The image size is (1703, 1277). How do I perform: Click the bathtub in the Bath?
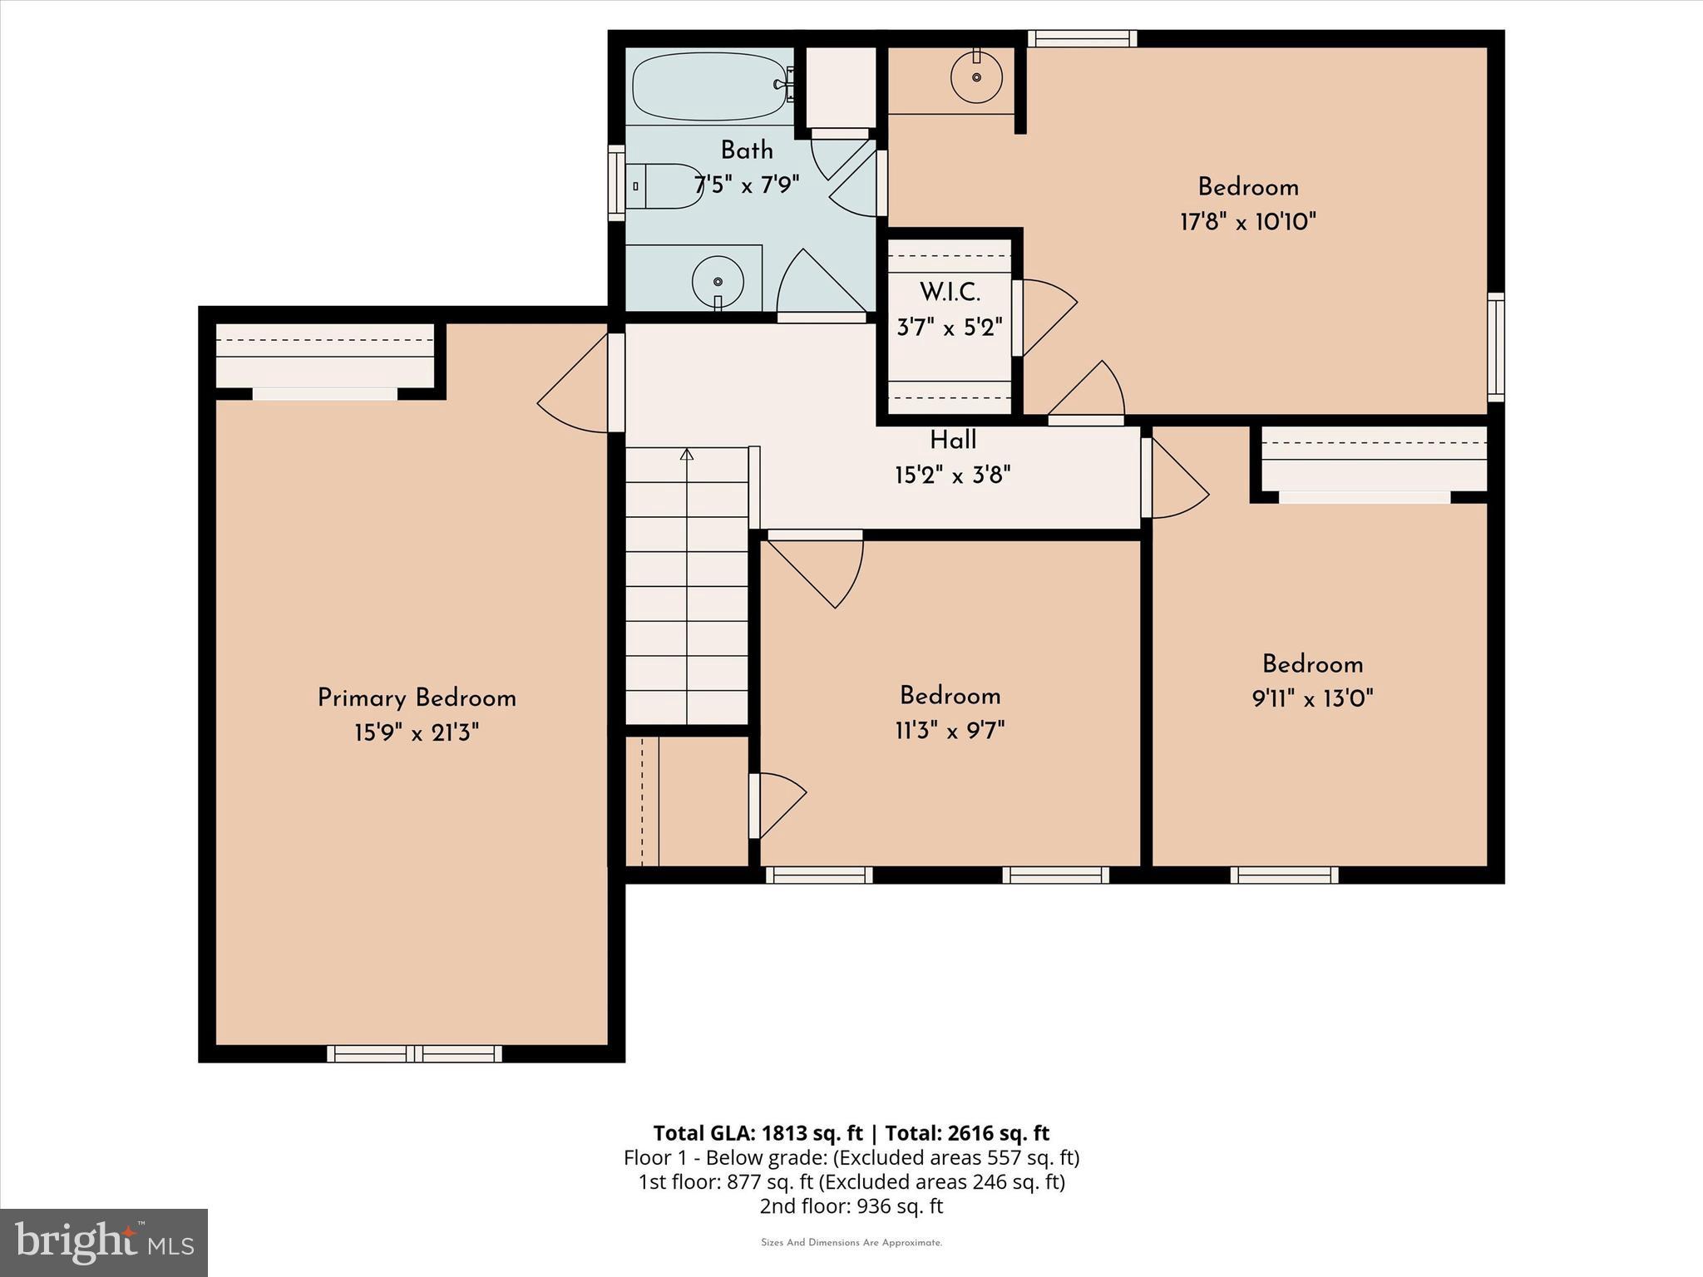(708, 86)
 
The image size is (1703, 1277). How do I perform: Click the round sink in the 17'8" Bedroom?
(976, 77)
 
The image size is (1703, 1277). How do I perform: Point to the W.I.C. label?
(950, 293)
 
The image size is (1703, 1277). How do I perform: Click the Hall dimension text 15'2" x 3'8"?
(952, 476)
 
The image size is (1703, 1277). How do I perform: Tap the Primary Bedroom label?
(417, 698)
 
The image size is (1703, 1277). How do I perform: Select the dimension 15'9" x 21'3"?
(417, 732)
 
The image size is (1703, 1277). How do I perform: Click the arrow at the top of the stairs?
(687, 455)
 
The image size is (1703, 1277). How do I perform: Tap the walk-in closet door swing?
(1046, 317)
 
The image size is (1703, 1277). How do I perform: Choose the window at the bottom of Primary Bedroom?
(414, 1053)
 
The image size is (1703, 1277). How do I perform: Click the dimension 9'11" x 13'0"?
(1312, 698)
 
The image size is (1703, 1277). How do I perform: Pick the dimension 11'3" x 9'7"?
(950, 731)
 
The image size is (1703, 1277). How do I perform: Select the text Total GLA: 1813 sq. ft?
(758, 1133)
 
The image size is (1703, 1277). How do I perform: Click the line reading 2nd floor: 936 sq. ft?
(851, 1206)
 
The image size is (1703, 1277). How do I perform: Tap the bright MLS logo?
(104, 1242)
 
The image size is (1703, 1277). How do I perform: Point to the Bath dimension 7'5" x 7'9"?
(747, 185)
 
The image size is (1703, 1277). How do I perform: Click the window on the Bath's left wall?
(616, 183)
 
